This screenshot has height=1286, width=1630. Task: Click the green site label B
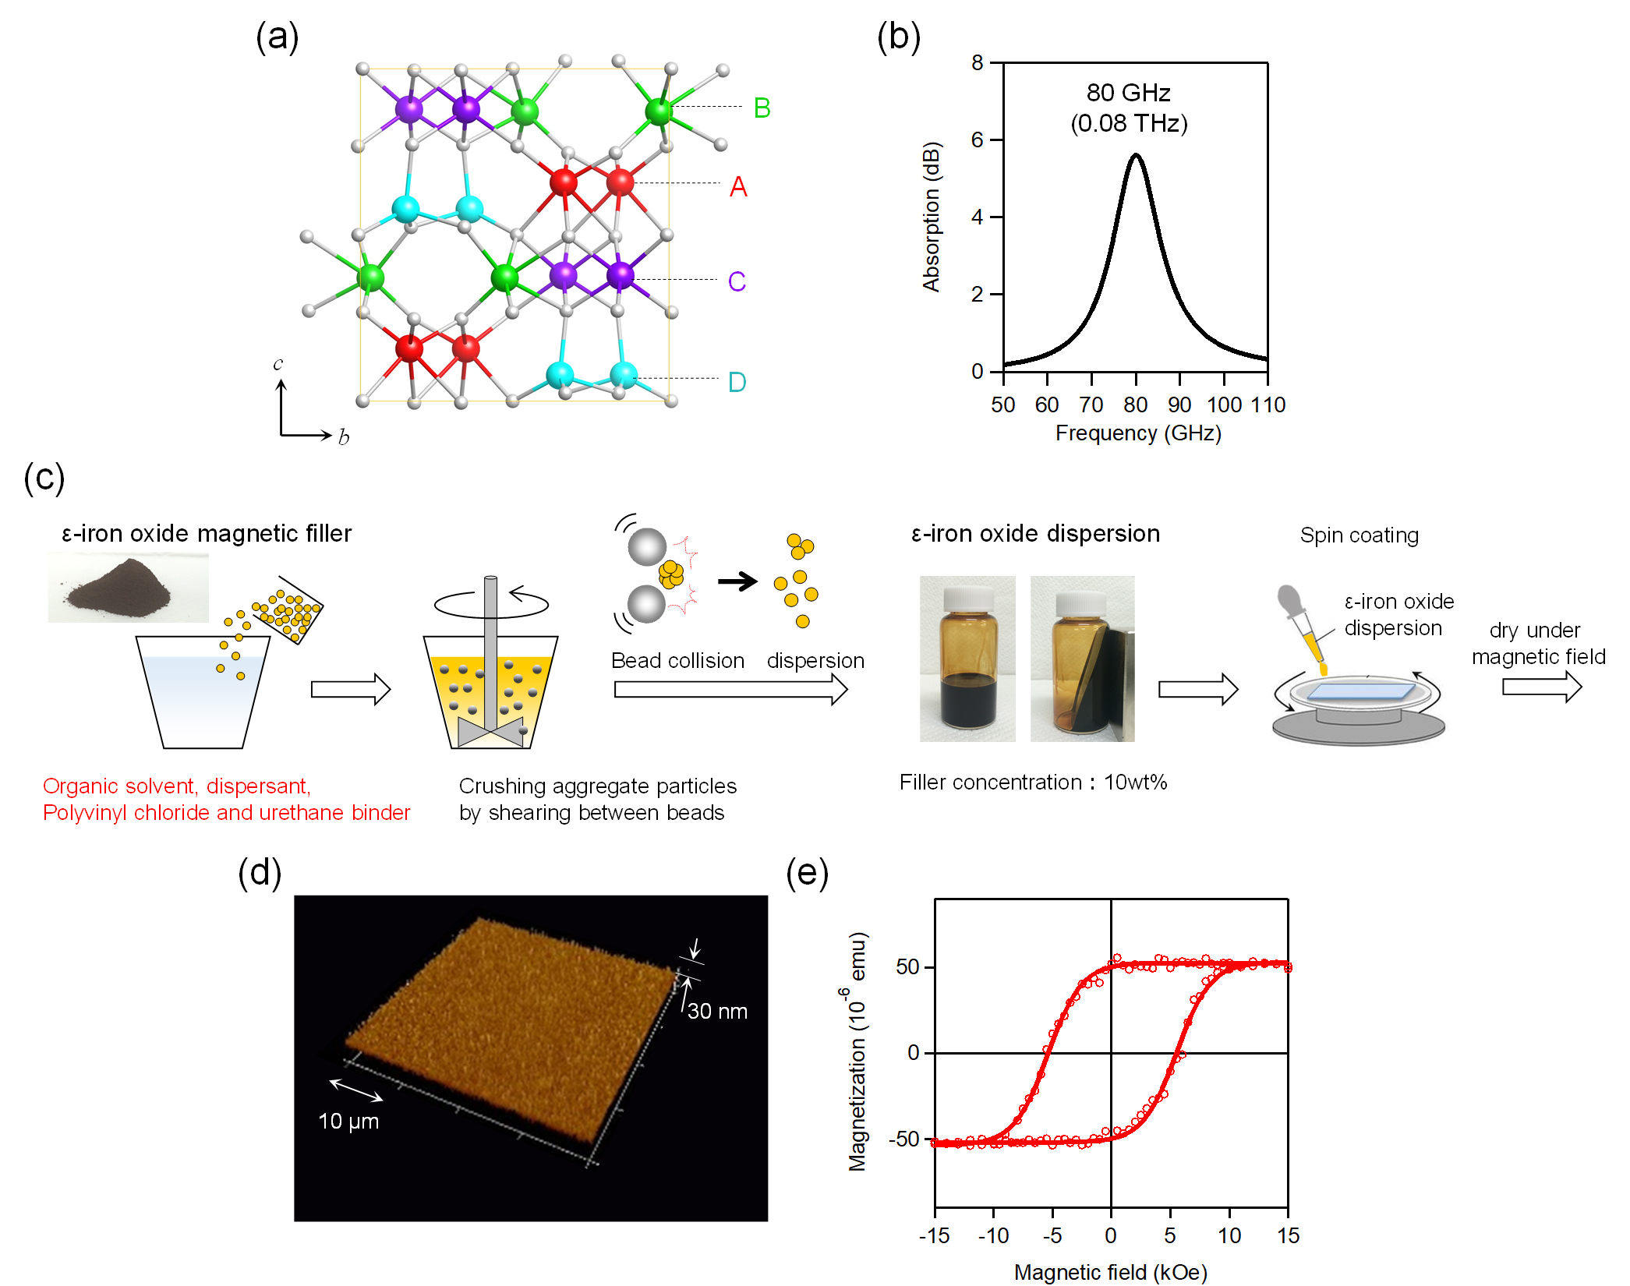tap(762, 108)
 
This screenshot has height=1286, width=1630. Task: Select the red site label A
tap(738, 187)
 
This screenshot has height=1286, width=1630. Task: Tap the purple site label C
tap(737, 281)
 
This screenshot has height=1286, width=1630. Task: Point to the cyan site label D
tap(737, 382)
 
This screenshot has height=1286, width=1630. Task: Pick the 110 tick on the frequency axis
tap(1268, 405)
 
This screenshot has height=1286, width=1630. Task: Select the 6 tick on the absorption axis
tap(978, 140)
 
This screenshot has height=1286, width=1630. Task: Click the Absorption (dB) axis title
tap(932, 217)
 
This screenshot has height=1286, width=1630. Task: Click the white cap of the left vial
tap(968, 599)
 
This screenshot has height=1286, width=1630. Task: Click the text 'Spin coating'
tap(1359, 535)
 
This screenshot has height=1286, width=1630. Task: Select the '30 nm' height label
tap(717, 1011)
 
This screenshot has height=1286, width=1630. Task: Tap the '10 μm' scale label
tap(348, 1121)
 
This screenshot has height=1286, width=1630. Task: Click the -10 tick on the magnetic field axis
tap(993, 1235)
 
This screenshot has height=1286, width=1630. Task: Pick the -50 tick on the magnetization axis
tap(904, 1139)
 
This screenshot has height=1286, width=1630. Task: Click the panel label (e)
tap(808, 873)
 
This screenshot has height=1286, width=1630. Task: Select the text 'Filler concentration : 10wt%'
tap(1033, 782)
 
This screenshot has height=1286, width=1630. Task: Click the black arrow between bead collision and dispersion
tap(737, 581)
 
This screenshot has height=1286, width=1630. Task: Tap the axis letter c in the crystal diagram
tap(278, 364)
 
